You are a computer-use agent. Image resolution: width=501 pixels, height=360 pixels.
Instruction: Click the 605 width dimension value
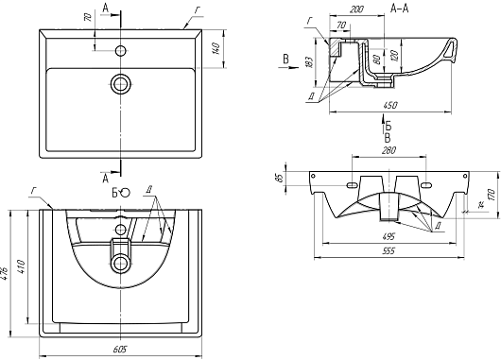coord(120,349)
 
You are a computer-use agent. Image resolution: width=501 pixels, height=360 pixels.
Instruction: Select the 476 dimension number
coord(5,273)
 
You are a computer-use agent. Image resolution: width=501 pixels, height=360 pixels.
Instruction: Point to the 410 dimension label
coord(22,267)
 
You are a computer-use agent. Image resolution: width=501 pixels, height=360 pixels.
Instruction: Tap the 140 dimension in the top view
coord(216,48)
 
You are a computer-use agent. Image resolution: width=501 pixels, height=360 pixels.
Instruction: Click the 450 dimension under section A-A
coord(390,105)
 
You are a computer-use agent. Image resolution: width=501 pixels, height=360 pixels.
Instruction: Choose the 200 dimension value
coord(356,9)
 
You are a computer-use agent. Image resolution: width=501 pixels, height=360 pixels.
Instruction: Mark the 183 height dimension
coord(309,62)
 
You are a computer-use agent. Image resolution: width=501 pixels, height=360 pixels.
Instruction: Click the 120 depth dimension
coord(395,56)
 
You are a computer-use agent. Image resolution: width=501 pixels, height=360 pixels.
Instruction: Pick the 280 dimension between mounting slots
coord(389,150)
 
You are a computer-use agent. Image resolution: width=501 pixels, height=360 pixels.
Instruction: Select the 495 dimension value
coord(389,237)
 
